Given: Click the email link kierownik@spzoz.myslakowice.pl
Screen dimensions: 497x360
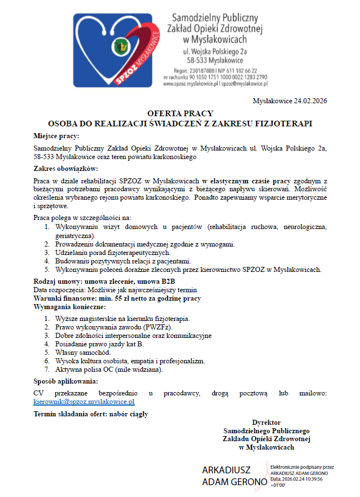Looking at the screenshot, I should click(84, 402).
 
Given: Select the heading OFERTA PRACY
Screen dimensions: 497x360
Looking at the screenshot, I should click(180, 113).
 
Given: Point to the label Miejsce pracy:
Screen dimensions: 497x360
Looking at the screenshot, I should click(56, 135).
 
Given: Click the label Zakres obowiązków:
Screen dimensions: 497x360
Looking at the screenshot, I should click(66, 169).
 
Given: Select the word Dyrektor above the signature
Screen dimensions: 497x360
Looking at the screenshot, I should click(266, 422).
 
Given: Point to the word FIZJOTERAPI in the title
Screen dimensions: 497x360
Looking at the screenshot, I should click(286, 122).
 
